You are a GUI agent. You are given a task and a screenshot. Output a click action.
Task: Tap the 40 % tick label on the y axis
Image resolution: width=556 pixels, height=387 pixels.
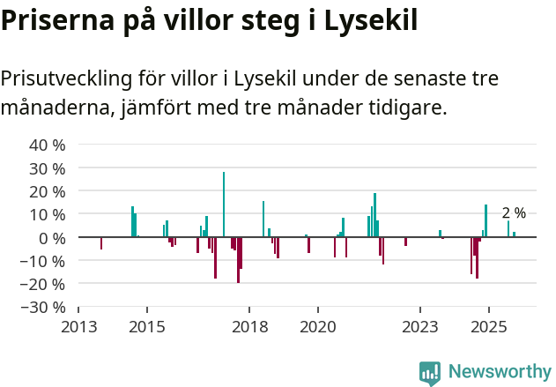click(x=48, y=145)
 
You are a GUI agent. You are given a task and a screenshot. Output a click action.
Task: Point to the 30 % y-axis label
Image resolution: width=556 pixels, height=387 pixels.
click(x=48, y=167)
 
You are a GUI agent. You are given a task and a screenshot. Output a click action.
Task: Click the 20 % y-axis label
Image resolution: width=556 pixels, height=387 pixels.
click(x=48, y=191)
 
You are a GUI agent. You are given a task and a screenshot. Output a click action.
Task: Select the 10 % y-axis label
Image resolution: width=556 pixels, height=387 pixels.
click(x=48, y=214)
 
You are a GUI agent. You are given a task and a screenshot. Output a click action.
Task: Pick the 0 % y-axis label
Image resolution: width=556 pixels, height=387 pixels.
click(x=52, y=237)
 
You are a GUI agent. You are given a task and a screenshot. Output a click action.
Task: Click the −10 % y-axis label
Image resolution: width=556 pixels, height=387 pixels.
click(x=44, y=260)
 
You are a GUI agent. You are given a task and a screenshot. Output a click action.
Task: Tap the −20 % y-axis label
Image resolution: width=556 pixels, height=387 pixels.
click(x=44, y=284)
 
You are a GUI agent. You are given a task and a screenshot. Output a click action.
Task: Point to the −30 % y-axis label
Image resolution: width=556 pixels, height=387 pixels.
click(x=44, y=307)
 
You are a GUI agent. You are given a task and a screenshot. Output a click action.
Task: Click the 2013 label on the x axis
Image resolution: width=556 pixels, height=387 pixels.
click(x=78, y=327)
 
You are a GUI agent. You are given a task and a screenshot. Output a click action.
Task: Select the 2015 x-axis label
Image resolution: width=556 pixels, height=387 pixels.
click(x=146, y=327)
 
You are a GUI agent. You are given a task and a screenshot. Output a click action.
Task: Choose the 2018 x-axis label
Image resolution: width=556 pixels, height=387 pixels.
click(x=249, y=327)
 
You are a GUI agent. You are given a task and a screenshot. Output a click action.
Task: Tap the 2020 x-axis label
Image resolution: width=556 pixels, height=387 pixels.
click(x=317, y=327)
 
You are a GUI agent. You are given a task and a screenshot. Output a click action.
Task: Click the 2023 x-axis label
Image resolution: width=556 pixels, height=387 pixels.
click(x=420, y=327)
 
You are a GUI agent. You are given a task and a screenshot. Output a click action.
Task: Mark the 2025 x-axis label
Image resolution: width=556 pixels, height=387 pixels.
click(x=488, y=327)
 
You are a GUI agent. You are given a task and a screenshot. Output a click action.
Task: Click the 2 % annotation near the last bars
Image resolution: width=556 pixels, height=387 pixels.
click(x=514, y=213)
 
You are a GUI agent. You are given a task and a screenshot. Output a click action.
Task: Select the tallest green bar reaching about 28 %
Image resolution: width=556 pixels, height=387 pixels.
click(x=224, y=205)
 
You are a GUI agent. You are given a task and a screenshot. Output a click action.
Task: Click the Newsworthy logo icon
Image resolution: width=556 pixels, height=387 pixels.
click(x=430, y=373)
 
